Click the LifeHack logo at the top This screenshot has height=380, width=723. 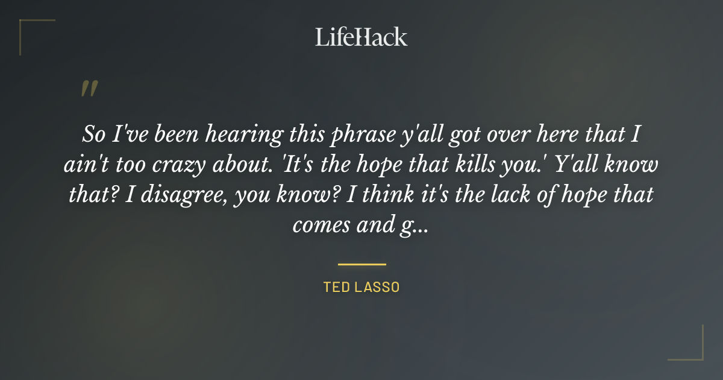pos(361,37)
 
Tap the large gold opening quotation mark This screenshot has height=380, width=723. pos(89,89)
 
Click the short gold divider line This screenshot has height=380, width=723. pos(361,264)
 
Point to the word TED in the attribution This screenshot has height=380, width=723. pos(335,287)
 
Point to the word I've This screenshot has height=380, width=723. pos(128,135)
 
